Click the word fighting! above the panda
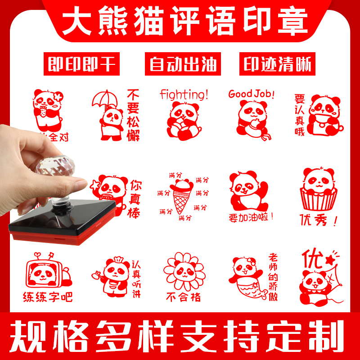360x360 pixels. (184, 94)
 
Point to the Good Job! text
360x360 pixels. (251, 94)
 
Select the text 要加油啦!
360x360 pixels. (251, 217)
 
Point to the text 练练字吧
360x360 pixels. (48, 297)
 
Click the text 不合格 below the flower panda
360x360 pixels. (183, 297)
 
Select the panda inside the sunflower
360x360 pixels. (182, 272)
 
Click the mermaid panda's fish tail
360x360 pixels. (255, 293)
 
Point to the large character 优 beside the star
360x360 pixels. (310, 259)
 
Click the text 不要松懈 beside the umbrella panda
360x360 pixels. (133, 115)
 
